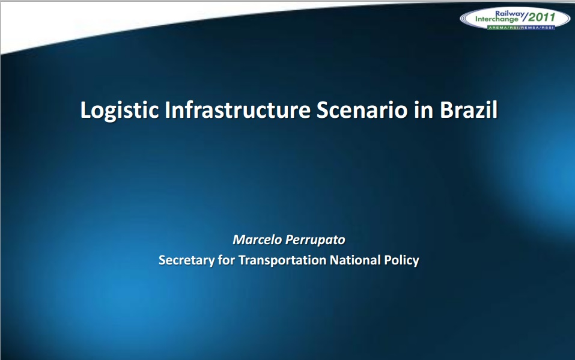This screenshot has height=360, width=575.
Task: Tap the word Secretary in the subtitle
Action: click(x=186, y=260)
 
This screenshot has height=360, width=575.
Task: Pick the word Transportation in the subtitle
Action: click(x=282, y=260)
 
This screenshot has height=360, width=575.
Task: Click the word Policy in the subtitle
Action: click(x=401, y=260)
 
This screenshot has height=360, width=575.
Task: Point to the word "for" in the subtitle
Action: click(x=227, y=260)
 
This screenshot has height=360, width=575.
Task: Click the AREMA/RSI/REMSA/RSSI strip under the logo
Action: click(x=520, y=27)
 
